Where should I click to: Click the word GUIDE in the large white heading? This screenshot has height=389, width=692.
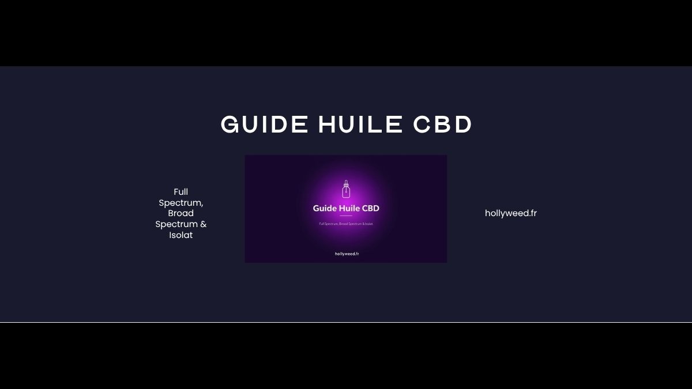tap(264, 124)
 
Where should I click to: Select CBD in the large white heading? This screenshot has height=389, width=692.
tap(443, 124)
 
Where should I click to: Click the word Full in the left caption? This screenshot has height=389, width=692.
tap(181, 192)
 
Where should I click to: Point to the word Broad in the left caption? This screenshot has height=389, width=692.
tap(181, 213)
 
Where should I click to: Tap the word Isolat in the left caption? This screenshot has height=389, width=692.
tap(181, 235)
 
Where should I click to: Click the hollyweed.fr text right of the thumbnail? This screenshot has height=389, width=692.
tap(511, 213)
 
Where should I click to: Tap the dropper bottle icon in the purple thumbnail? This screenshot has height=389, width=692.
tap(346, 190)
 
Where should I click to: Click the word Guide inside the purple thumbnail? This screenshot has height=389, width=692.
tap(325, 208)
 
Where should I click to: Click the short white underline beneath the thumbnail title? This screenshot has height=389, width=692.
tap(346, 216)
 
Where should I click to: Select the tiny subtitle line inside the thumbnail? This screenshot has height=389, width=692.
tap(346, 223)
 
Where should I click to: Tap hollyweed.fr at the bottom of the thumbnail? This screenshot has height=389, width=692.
tap(346, 254)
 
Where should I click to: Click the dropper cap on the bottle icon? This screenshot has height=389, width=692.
tap(346, 183)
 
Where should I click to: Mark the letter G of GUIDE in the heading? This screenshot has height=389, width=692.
tap(231, 124)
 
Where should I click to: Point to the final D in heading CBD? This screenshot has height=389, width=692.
tap(463, 124)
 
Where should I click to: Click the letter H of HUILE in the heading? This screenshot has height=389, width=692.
tap(328, 124)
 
